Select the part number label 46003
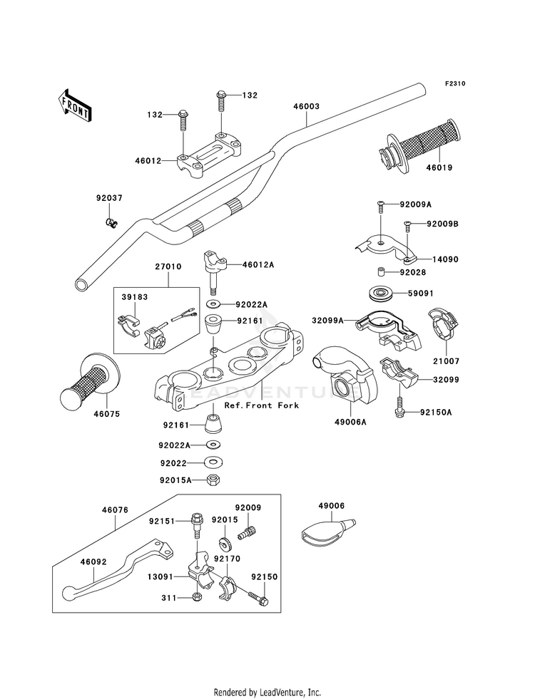[307, 107]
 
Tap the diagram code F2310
[454, 83]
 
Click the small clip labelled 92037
[111, 221]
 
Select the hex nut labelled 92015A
[213, 480]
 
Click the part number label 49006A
[351, 421]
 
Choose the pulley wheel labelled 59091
[379, 294]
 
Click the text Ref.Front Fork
[262, 405]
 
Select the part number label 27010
[168, 266]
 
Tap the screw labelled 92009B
[407, 227]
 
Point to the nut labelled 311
[196, 597]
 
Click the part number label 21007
[447, 361]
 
